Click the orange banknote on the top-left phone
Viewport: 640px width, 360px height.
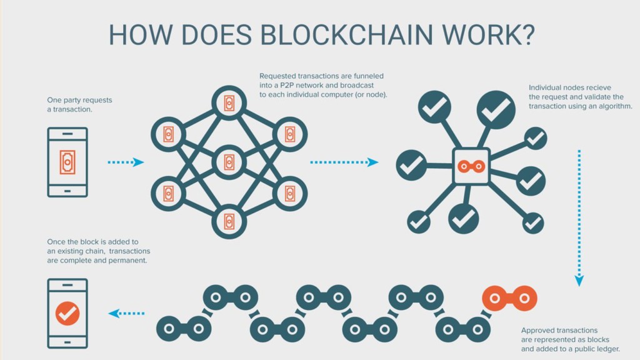[67, 161]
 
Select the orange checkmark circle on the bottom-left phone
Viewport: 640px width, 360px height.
[67, 313]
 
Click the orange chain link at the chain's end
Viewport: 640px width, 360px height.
[509, 298]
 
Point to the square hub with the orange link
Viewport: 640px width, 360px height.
[471, 166]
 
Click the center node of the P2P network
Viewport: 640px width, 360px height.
[228, 162]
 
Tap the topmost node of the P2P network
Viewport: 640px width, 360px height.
[228, 102]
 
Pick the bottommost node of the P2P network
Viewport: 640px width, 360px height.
[228, 222]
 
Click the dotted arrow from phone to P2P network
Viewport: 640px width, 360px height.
[125, 162]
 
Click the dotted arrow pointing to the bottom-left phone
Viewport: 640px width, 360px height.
[126, 313]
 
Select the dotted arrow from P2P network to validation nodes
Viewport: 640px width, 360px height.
[344, 162]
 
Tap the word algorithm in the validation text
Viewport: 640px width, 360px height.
[612, 106]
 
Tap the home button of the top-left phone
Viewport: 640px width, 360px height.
[67, 188]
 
